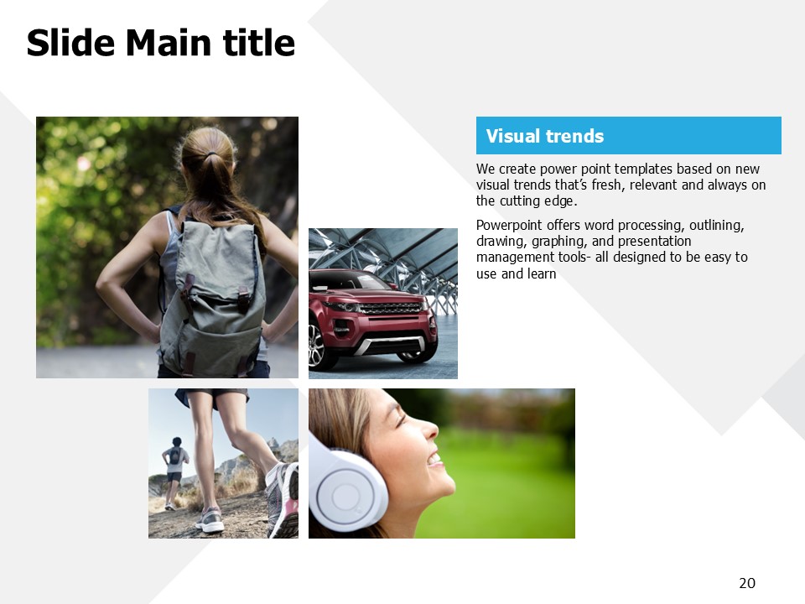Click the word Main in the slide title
point(168,43)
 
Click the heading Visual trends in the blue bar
point(545,136)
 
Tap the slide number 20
point(747,583)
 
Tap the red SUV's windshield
point(354,280)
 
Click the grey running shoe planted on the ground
point(210,520)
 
